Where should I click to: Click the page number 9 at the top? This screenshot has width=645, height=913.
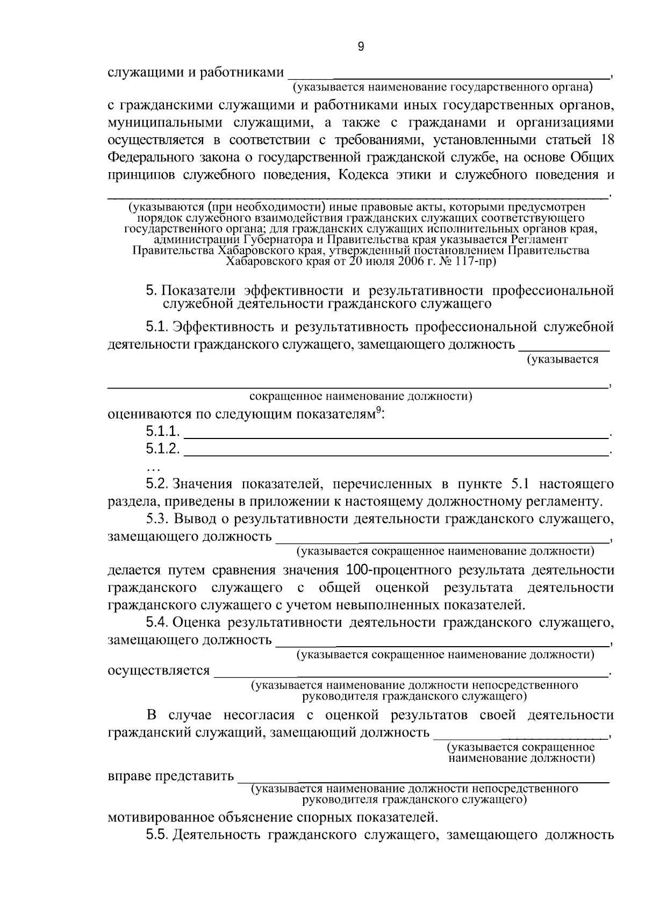click(361, 47)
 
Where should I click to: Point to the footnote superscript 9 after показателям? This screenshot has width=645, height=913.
click(378, 411)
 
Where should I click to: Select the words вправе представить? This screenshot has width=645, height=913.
click(171, 776)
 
